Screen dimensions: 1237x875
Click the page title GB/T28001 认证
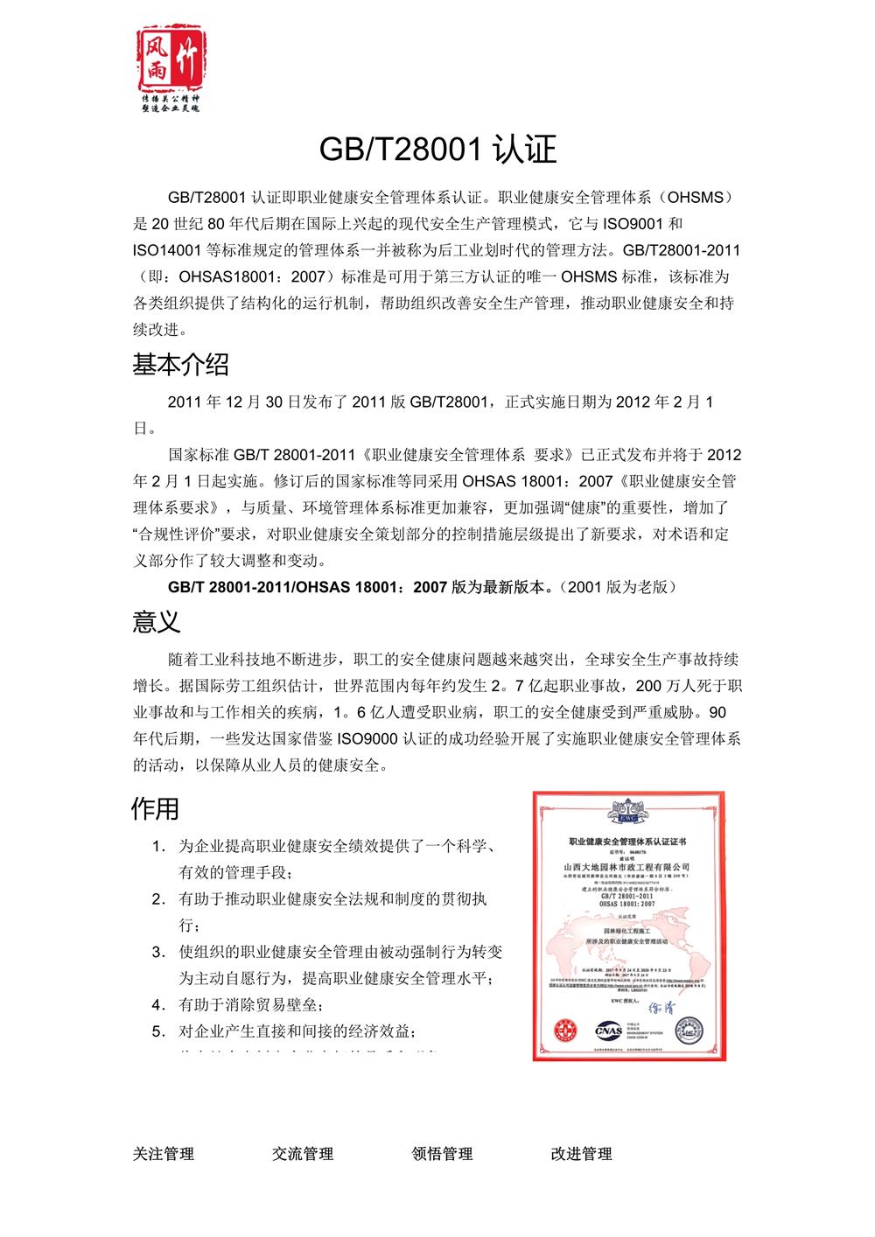click(437, 150)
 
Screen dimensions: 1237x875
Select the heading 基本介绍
click(180, 364)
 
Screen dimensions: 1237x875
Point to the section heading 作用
click(155, 808)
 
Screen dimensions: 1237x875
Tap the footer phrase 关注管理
click(164, 1154)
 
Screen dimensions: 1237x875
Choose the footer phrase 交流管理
click(303, 1154)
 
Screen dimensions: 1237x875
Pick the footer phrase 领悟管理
click(442, 1154)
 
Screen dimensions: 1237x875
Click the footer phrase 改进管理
click(581, 1154)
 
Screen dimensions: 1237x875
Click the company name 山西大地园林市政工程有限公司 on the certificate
click(627, 865)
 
